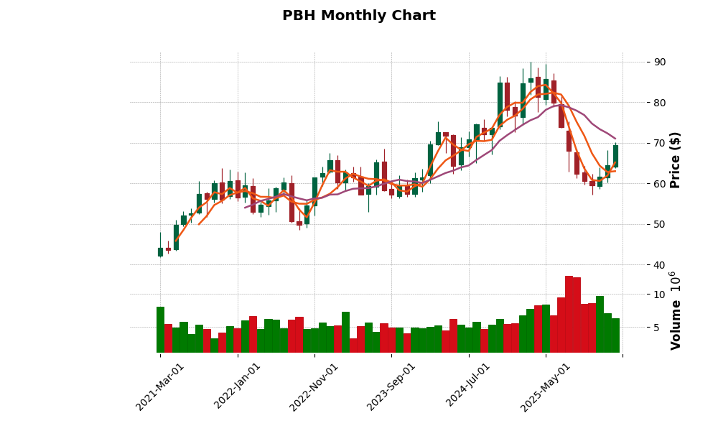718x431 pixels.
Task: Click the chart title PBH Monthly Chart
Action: coord(358,16)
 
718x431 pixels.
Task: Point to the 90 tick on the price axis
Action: coord(660,62)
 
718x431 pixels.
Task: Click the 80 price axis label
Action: coord(660,103)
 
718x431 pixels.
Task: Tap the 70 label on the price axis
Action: coord(660,144)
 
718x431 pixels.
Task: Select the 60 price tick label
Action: coord(660,184)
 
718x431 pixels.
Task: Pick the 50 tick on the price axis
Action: coord(660,225)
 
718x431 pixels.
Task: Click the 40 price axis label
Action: coord(660,265)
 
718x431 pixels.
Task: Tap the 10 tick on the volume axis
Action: coord(660,295)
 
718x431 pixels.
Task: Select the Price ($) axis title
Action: coord(676,159)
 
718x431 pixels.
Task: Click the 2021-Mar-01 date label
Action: coord(161,386)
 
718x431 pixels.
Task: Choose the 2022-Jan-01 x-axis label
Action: coord(238,386)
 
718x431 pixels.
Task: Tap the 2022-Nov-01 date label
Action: coord(314,386)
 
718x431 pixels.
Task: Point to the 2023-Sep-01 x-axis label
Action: coord(391,386)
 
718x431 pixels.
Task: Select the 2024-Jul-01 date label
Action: coord(468,386)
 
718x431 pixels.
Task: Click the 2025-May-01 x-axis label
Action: coord(546,386)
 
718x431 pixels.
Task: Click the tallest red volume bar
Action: coord(569,314)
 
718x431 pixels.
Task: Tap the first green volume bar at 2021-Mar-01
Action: coord(160,330)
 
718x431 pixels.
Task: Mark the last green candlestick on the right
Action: coord(615,156)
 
